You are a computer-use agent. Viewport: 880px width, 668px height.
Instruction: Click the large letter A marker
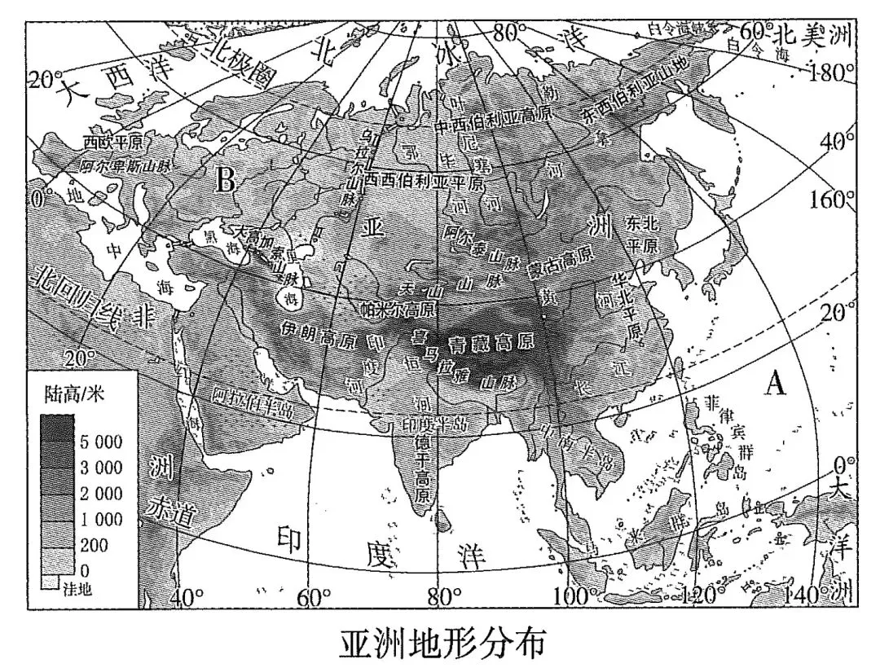[775, 381]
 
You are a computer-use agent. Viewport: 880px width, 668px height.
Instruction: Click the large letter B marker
[225, 180]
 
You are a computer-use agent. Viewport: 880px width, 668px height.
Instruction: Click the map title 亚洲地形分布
[440, 641]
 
